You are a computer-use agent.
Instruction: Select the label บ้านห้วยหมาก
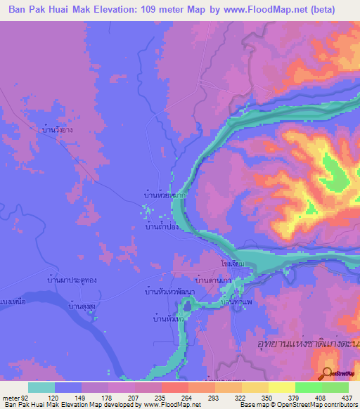pos(165,193)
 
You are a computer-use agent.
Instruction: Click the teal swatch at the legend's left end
pos(41,387)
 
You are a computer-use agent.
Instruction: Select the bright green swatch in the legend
pos(308,387)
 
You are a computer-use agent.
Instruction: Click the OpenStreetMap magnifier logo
pos(327,373)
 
